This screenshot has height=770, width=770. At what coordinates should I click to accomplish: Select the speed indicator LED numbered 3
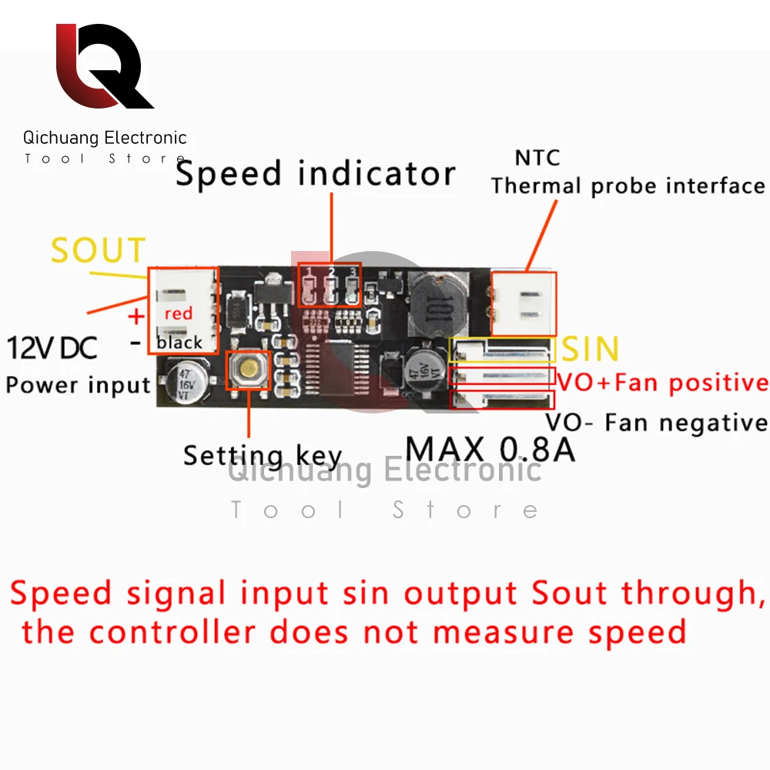[x=352, y=289]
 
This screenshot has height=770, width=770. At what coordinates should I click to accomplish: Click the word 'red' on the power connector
[x=179, y=313]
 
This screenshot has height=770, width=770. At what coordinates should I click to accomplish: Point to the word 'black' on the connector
[x=179, y=343]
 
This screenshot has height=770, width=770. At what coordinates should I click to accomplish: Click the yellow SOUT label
[x=98, y=251]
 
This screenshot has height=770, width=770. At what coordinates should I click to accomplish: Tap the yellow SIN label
[x=591, y=350]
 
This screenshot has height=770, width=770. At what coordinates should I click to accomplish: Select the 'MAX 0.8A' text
[x=490, y=449]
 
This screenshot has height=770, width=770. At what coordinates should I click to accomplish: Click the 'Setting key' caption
[x=263, y=456]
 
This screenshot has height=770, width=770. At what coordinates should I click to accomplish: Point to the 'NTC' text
[x=537, y=159]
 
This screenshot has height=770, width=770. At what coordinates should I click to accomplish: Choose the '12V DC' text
[x=53, y=348]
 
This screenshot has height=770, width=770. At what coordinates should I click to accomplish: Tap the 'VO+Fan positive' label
[x=662, y=383]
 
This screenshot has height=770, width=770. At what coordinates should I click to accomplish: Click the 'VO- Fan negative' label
[x=656, y=423]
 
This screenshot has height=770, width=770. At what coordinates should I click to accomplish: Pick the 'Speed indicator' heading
[x=316, y=174]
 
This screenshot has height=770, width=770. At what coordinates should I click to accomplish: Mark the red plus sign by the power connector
[x=136, y=316]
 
